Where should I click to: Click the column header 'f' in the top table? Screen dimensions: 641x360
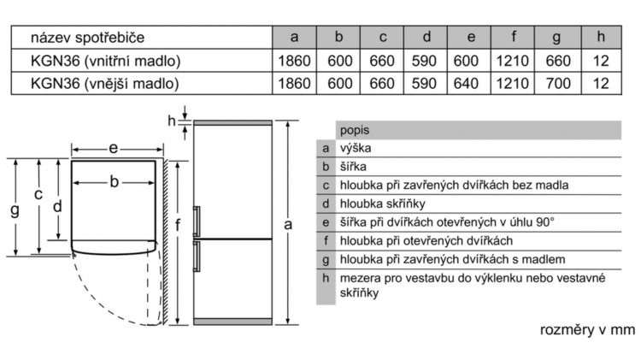click(x=513, y=38)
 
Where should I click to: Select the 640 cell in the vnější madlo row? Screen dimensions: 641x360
click(x=466, y=84)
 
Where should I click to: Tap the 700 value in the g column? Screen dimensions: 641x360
click(x=558, y=84)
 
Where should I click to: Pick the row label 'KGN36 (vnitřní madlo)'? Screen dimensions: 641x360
click(x=105, y=61)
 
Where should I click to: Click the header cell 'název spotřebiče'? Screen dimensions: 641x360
click(x=87, y=38)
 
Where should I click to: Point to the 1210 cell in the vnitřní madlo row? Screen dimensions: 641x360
click(x=512, y=61)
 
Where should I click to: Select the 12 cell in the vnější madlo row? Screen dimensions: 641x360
click(x=601, y=84)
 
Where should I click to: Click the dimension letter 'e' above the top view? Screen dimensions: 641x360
click(x=113, y=148)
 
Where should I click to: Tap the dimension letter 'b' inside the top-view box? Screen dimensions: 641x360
click(x=114, y=181)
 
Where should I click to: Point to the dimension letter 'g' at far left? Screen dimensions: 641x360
click(x=15, y=210)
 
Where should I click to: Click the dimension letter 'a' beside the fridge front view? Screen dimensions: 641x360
click(x=288, y=224)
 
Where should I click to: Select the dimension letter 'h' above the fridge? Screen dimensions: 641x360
click(x=172, y=121)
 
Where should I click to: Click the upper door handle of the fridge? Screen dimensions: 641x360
click(x=197, y=221)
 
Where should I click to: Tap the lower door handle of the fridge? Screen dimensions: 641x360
click(x=197, y=257)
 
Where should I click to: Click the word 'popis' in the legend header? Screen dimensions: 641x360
click(x=355, y=131)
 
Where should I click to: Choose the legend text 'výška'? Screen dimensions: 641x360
click(x=356, y=148)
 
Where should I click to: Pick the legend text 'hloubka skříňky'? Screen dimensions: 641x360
click(x=383, y=204)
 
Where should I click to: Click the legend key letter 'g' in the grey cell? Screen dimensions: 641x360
click(x=326, y=260)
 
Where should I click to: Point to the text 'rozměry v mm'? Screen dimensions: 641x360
click(x=587, y=330)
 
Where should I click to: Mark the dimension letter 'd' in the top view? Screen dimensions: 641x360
click(x=57, y=206)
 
